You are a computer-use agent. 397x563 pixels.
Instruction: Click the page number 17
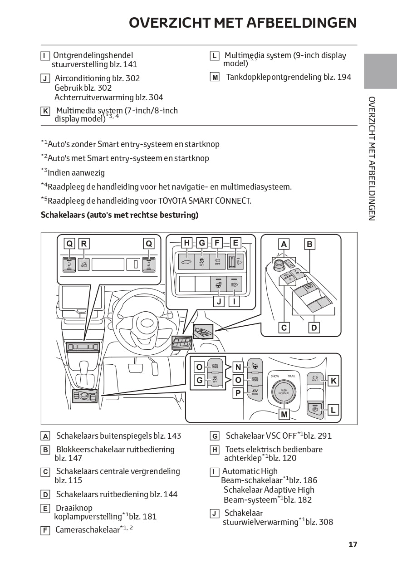click(x=353, y=544)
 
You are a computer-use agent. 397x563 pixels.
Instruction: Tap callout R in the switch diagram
click(x=83, y=244)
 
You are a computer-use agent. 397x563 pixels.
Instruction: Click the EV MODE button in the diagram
click(x=255, y=392)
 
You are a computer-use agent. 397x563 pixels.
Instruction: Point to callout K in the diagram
click(x=333, y=381)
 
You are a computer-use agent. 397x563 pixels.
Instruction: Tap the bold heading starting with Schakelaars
click(x=120, y=215)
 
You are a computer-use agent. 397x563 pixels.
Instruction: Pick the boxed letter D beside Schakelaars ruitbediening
click(x=45, y=495)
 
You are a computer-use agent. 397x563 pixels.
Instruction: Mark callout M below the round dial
click(x=284, y=414)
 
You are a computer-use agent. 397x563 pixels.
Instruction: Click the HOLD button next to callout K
click(x=315, y=379)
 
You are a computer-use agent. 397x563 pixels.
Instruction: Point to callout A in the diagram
click(x=284, y=244)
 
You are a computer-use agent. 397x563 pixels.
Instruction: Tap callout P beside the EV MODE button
click(x=238, y=393)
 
